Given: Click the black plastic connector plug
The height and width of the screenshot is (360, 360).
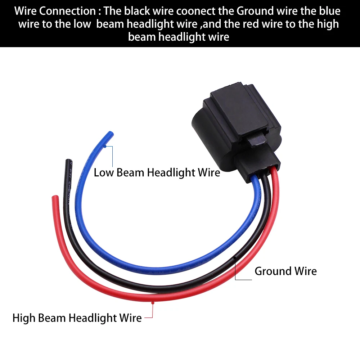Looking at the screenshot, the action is tap(238, 122).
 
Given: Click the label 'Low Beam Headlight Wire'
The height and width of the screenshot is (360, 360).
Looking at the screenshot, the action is tap(157, 172).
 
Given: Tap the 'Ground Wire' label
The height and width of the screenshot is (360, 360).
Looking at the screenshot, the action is tap(285, 271).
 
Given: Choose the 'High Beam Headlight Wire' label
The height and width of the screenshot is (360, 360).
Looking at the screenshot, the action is tap(77, 318).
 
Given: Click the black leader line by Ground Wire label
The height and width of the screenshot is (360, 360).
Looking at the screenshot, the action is tap(236, 270).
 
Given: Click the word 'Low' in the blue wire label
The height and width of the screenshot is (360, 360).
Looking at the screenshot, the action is tap(102, 172).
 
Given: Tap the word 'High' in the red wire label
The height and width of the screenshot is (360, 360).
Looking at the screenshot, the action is tap(24, 318).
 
